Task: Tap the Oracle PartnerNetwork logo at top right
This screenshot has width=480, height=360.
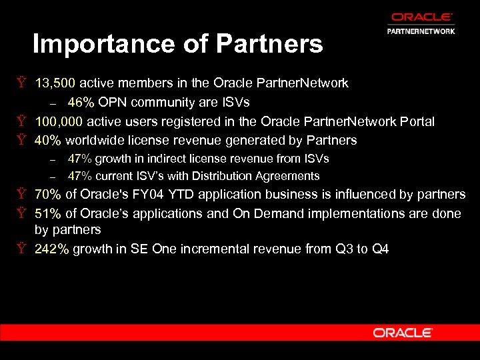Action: tap(421, 23)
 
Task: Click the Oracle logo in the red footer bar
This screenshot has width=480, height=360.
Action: tap(403, 332)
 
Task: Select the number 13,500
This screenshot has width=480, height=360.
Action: tap(57, 83)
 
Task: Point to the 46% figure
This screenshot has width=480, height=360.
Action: tap(81, 102)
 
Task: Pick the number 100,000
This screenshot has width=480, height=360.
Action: tap(59, 121)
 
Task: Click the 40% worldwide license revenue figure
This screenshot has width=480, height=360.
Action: tap(48, 140)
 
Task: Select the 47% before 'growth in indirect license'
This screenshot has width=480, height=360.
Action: tap(79, 159)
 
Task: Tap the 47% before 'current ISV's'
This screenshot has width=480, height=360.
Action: tap(79, 176)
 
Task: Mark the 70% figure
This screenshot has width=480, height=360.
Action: tap(48, 195)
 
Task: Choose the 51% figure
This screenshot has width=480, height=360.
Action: tap(48, 214)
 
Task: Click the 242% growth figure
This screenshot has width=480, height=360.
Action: tap(52, 249)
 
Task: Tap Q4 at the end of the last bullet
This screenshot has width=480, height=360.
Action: tap(380, 249)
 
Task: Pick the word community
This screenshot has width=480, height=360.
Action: tap(160, 102)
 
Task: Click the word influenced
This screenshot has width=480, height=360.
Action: tap(359, 195)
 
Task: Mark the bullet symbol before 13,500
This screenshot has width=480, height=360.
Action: tap(22, 83)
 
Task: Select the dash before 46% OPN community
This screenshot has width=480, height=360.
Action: tap(53, 103)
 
